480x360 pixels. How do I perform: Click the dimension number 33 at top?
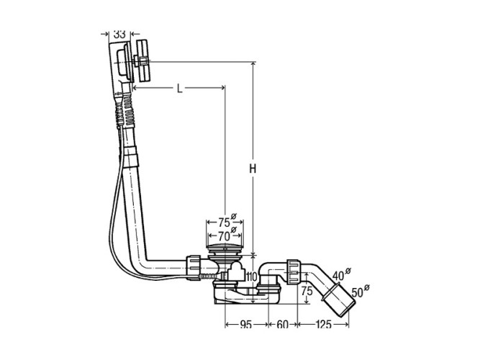point(119,33)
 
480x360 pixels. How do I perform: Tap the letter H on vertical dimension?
point(253,169)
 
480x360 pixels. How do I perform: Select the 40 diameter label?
point(341,274)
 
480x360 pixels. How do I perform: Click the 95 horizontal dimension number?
point(246,325)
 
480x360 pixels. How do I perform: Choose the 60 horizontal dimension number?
point(282,325)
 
